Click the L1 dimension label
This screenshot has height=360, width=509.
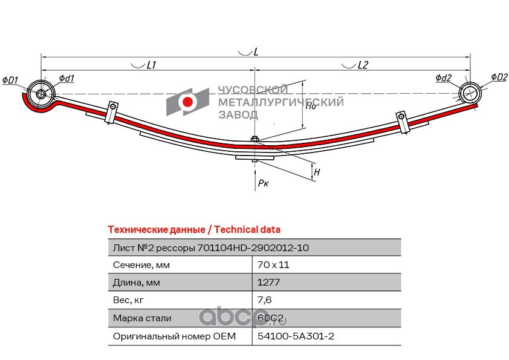pos(152,65)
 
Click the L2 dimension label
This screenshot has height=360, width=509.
pos(363,65)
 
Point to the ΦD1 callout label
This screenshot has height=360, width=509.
pos(10,79)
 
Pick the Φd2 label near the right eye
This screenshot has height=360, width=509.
pos(443,78)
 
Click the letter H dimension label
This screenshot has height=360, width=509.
pos(317,172)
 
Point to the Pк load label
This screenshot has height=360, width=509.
pos(263,183)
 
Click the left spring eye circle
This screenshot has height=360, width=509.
pos(41,94)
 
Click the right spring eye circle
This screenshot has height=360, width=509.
pos(469,93)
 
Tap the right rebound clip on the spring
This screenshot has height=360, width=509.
pos(401,120)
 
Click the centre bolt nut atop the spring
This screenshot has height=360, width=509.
pos(255,140)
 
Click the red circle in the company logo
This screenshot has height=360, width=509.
pos(188,102)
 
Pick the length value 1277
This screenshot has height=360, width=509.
pos(268,282)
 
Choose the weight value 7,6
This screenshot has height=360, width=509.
pos(264,299)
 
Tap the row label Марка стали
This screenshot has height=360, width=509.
pos(142,318)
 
